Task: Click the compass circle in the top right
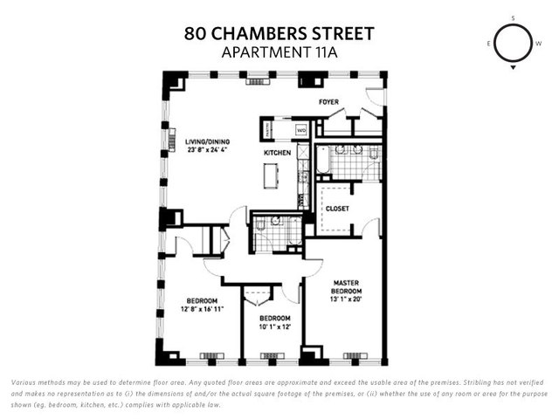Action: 513,43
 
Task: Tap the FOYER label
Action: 328,102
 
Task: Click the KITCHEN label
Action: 278,154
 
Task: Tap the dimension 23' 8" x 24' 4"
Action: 206,148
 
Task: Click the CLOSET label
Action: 337,209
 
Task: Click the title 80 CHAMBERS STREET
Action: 279,34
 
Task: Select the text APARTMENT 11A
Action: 279,52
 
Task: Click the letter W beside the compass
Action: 538,43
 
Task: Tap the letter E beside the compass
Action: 488,43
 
